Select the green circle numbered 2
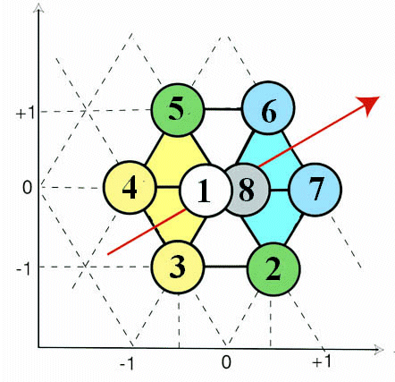coord(273,269)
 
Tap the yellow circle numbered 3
coord(178,267)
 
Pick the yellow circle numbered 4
coord(130,187)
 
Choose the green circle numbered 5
coord(178,110)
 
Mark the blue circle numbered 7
coord(315,190)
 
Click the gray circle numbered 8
coord(248,190)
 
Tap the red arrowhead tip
coord(380,97)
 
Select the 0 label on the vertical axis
coord(27,188)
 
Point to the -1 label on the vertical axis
coord(25,270)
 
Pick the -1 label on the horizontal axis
coord(128,363)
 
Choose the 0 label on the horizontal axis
coord(226,362)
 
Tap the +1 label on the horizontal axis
coord(322,362)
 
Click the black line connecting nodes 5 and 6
coord(223,109)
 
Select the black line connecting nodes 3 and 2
coord(226,267)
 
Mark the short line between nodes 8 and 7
coord(280,190)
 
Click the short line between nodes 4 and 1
coord(168,188)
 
